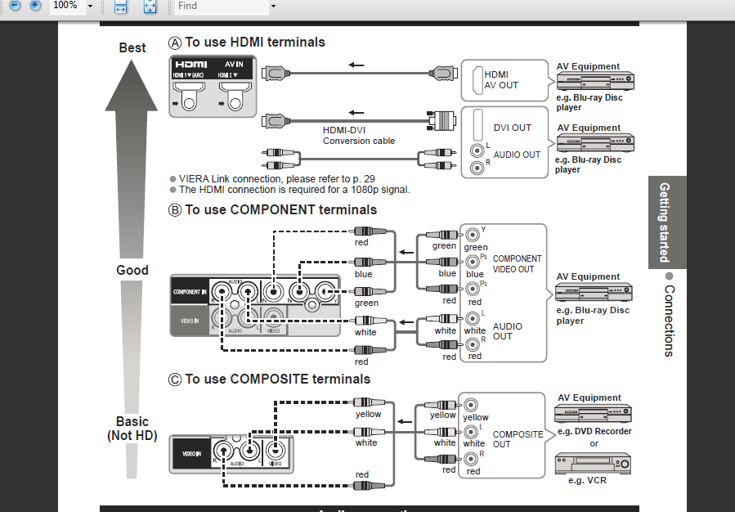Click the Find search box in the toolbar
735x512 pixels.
(221, 6)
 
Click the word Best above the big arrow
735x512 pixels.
(132, 47)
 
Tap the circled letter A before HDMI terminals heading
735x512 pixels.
(174, 43)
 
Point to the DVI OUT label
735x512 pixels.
(512, 128)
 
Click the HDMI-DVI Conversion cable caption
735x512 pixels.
(358, 135)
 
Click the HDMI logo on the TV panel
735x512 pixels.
(190, 64)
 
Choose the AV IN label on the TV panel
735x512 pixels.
(235, 64)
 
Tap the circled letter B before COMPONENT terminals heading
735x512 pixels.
(174, 210)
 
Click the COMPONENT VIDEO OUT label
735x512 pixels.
(517, 263)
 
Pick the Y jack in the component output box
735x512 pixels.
(471, 235)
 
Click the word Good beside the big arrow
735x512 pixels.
(132, 270)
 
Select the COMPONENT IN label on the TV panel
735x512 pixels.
(189, 292)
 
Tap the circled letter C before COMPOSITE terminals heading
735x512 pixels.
(174, 380)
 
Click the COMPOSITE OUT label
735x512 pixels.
(518, 439)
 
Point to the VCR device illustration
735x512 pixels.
(593, 463)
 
